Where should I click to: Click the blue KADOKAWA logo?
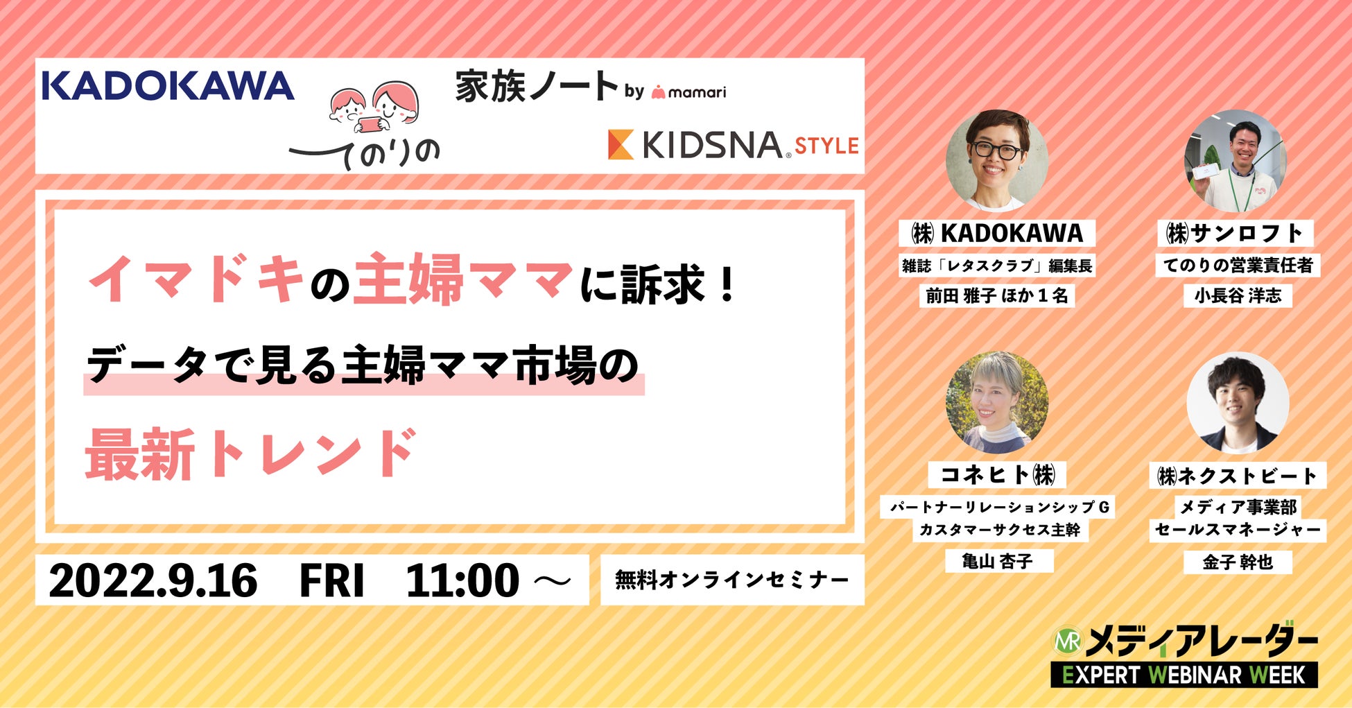[168, 85]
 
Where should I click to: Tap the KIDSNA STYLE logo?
[733, 145]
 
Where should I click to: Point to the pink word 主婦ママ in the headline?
[463, 279]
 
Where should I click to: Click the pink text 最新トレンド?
[251, 454]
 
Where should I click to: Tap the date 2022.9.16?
[153, 580]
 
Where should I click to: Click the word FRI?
[331, 580]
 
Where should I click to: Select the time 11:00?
[462, 580]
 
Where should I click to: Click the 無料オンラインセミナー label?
[732, 580]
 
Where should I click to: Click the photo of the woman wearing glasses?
[997, 160]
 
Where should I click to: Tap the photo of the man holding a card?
[1236, 160]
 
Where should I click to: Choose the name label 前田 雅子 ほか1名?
[997, 295]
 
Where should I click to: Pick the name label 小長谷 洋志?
[1238, 295]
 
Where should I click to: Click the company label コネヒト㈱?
[997, 475]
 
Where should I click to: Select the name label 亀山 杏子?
[999, 561]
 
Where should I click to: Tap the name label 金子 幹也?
[1238, 562]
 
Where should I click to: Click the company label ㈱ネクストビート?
[1238, 476]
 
